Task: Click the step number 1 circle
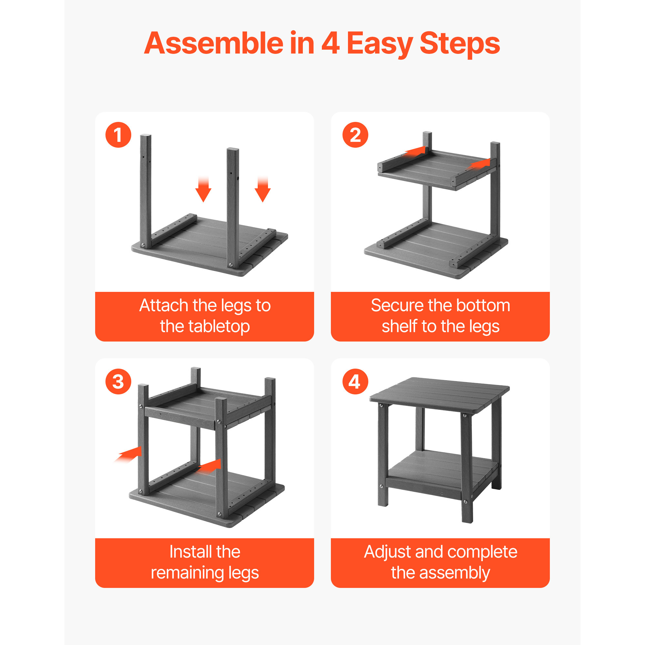(x=118, y=135)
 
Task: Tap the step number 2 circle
(x=355, y=135)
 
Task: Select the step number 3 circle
(x=118, y=382)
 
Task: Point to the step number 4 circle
(x=355, y=382)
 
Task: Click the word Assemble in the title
(x=214, y=44)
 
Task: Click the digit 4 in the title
(x=331, y=44)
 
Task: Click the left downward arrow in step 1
(x=203, y=189)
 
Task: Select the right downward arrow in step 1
(x=263, y=189)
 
